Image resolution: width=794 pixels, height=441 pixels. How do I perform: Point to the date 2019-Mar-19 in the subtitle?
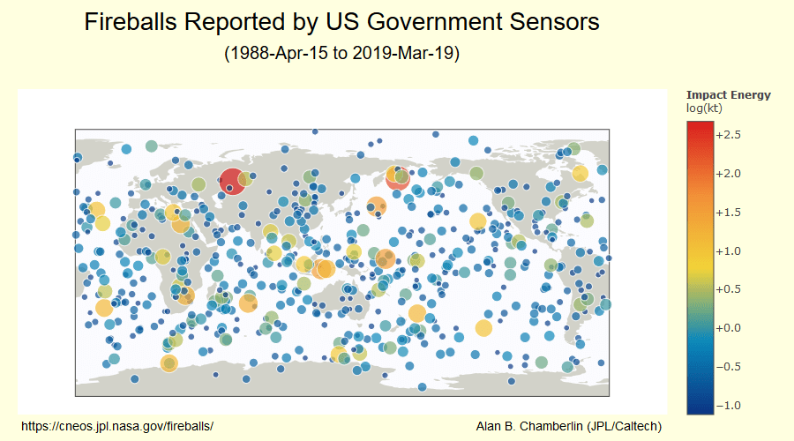tap(403, 53)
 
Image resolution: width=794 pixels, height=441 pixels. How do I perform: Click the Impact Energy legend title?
tap(728, 95)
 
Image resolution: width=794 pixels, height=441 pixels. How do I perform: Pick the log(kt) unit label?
tap(704, 108)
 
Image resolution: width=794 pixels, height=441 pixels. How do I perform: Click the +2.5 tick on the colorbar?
tap(728, 135)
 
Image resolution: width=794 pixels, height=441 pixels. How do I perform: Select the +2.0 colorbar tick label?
tap(728, 174)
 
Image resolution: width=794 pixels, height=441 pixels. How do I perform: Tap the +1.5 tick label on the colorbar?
tap(728, 213)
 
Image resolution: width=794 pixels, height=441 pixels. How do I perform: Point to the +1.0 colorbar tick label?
tap(728, 251)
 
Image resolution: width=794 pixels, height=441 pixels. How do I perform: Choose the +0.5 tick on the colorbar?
tap(728, 289)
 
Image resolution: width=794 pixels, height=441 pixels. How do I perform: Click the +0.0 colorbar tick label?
tap(728, 328)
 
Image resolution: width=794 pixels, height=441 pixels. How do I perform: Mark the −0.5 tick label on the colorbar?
tap(728, 367)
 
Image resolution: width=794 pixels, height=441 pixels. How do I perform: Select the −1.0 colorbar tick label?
tap(728, 406)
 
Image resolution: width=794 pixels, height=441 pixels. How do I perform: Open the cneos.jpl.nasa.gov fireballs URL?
tap(117, 426)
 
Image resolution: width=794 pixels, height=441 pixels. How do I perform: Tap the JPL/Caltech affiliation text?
tap(625, 426)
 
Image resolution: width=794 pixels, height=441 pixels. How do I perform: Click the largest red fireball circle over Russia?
tap(232, 182)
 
